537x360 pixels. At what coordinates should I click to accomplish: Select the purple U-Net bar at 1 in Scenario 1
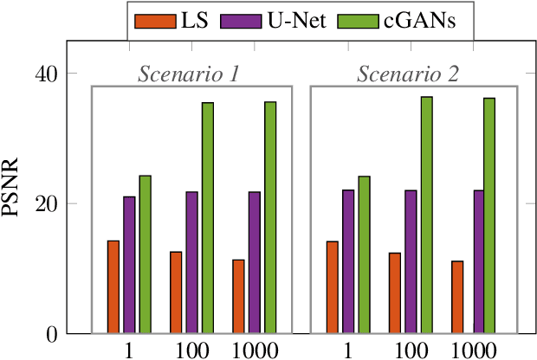129,265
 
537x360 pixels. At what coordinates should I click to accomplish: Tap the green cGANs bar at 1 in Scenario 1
145,254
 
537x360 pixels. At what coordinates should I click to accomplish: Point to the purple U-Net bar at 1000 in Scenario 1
255,263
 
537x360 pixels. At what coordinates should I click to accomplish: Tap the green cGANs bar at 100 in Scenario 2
426,215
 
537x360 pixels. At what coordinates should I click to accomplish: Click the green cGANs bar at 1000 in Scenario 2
489,216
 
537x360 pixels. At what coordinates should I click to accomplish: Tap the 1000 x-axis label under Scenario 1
255,351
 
